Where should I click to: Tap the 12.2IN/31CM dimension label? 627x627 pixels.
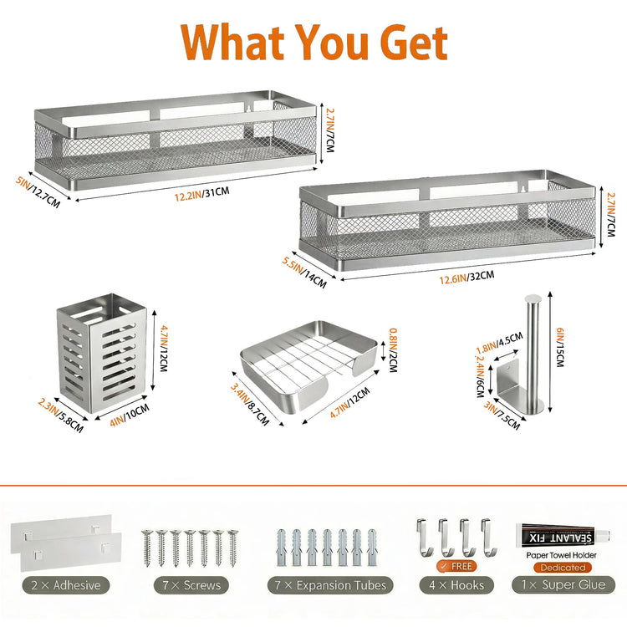[x=202, y=194]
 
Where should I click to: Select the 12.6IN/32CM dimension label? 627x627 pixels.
[x=466, y=277]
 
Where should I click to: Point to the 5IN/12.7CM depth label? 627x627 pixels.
[x=38, y=192]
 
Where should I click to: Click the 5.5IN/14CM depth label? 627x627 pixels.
[x=304, y=273]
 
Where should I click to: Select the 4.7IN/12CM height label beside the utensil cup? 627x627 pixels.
[x=164, y=349]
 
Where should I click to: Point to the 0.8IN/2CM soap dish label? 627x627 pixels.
[x=394, y=350]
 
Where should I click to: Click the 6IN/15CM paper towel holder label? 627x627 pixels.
[x=560, y=347]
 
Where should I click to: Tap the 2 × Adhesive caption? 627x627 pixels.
[x=66, y=585]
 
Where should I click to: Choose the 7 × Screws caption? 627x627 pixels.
[x=191, y=585]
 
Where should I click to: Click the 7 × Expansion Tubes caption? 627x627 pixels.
[x=330, y=585]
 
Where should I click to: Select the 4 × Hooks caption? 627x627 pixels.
[x=456, y=585]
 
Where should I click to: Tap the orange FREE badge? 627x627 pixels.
[x=456, y=566]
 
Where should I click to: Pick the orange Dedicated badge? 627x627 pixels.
[x=563, y=568]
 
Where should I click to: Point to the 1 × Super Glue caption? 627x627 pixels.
[x=563, y=585]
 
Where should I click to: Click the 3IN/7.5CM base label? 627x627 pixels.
[x=502, y=415]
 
